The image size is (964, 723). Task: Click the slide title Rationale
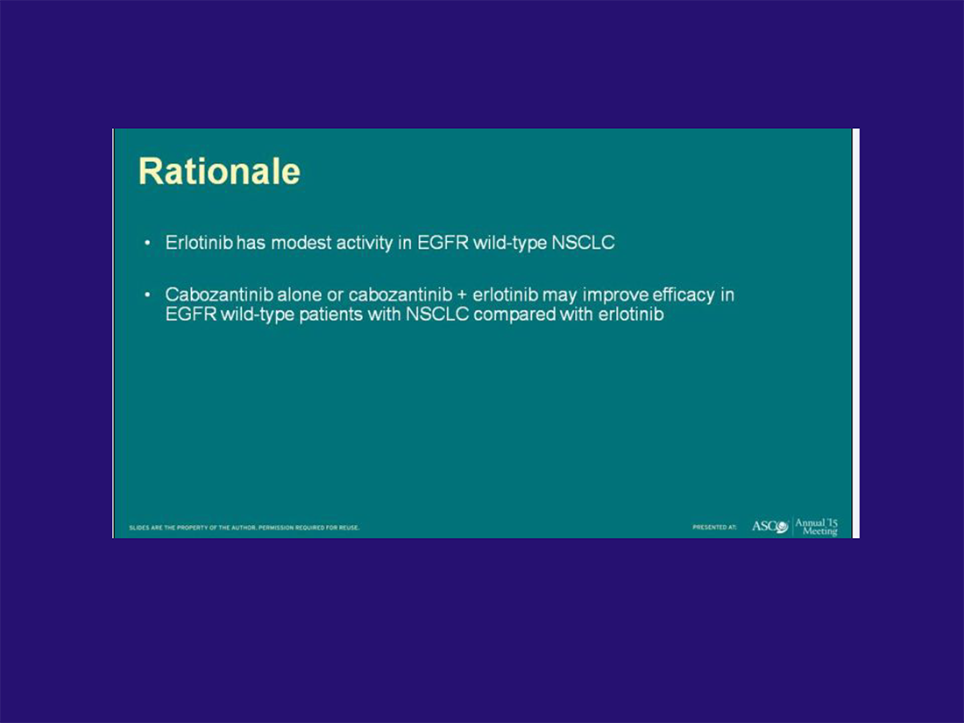point(219,171)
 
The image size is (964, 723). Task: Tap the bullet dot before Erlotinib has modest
point(147,244)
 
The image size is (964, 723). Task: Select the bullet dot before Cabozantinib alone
point(147,295)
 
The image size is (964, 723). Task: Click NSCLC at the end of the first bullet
point(583,243)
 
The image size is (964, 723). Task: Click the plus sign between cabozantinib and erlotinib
point(463,295)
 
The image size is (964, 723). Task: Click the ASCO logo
point(770,527)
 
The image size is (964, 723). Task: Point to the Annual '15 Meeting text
point(817,527)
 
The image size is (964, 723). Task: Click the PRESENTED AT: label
point(714,528)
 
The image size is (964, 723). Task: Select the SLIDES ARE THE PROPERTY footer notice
point(245,528)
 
